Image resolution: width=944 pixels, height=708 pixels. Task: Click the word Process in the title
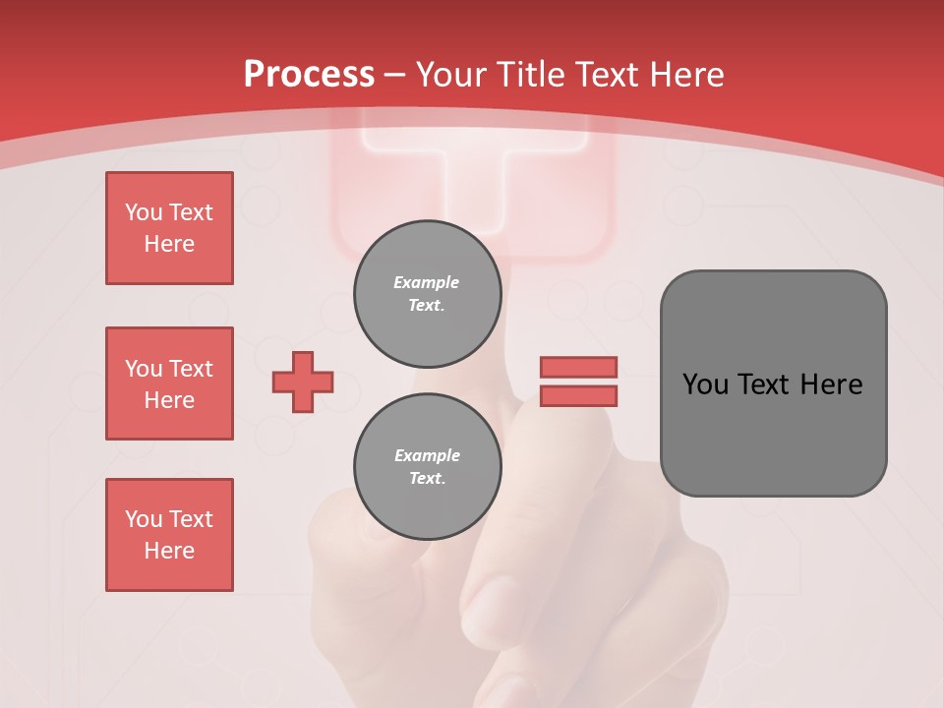309,75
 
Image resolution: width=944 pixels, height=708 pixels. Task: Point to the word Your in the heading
452,75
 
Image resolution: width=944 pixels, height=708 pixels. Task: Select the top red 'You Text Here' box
169,228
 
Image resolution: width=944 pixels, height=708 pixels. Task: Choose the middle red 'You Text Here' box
169,383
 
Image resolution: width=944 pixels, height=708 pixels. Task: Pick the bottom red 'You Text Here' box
169,535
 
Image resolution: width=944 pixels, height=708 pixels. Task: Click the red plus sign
303,382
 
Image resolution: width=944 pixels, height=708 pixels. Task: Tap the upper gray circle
428,293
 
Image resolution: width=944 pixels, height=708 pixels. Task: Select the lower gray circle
428,466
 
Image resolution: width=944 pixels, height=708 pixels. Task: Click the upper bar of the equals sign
578,368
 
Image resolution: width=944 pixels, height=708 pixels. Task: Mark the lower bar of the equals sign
578,396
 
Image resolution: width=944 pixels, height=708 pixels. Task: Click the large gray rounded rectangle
773,383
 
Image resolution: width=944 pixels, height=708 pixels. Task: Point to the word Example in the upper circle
427,282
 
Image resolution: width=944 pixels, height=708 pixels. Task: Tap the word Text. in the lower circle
427,479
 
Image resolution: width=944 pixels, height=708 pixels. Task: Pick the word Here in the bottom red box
169,551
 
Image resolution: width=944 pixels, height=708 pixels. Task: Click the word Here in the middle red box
169,400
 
